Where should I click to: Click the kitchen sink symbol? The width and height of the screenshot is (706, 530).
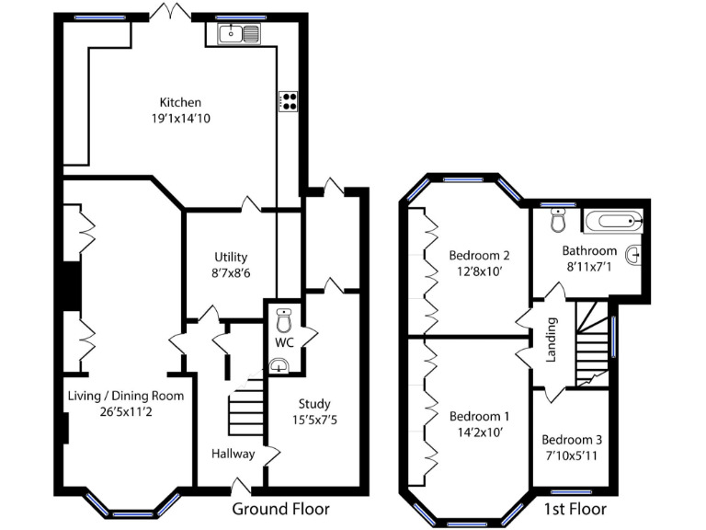[239, 35]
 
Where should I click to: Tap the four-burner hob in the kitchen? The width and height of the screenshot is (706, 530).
[289, 101]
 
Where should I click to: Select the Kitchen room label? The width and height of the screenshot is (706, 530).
[180, 102]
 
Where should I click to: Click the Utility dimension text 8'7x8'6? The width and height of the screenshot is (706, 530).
[231, 273]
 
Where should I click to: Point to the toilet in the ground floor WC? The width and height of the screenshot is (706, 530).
[284, 323]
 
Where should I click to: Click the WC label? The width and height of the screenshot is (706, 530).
[284, 343]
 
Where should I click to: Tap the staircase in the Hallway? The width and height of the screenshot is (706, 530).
[245, 406]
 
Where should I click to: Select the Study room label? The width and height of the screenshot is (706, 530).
[313, 403]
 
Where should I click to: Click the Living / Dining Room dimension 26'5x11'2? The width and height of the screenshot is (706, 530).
[125, 412]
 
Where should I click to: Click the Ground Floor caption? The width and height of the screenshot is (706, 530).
[280, 509]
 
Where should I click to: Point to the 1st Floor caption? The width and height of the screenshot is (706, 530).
[575, 509]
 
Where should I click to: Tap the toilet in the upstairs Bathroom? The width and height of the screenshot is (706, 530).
[557, 222]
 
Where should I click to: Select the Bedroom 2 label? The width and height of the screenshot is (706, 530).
[479, 255]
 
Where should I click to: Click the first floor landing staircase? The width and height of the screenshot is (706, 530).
[592, 345]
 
